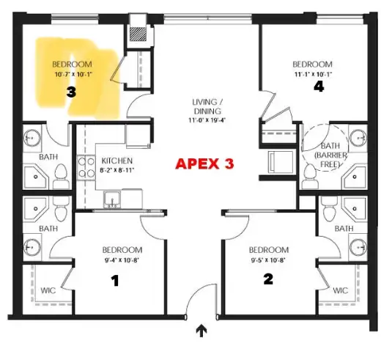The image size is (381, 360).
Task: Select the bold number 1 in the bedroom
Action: click(x=114, y=279)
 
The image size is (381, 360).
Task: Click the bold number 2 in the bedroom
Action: click(x=268, y=278)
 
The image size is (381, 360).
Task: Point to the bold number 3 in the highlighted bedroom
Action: click(x=70, y=92)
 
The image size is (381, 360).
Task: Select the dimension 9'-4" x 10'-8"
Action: click(x=116, y=258)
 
